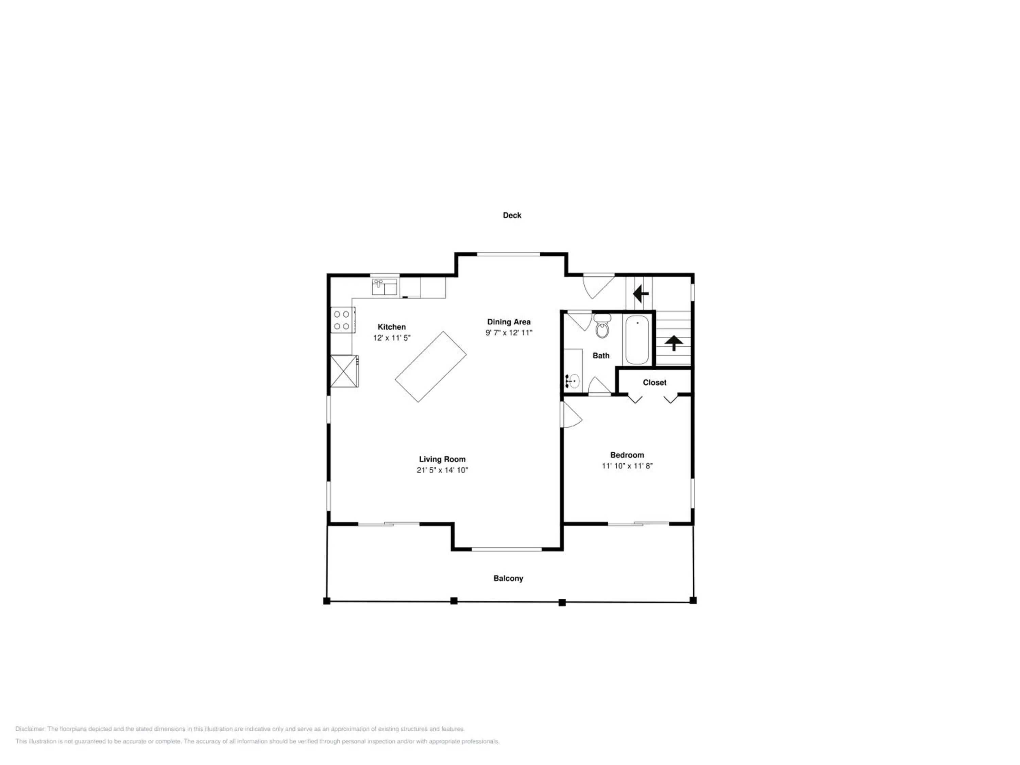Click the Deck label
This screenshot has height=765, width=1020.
click(512, 215)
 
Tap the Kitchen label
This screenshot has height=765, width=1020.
click(391, 327)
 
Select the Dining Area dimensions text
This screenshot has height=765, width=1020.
click(509, 333)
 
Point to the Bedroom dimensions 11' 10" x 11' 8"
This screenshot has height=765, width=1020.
click(627, 466)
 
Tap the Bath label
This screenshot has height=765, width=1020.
click(601, 356)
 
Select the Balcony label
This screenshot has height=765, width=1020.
click(508, 578)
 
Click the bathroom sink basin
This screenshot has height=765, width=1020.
click(574, 381)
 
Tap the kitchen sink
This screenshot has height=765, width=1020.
click(385, 287)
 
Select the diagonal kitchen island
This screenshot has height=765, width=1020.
click(431, 367)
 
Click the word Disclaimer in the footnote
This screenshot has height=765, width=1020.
click(30, 729)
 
